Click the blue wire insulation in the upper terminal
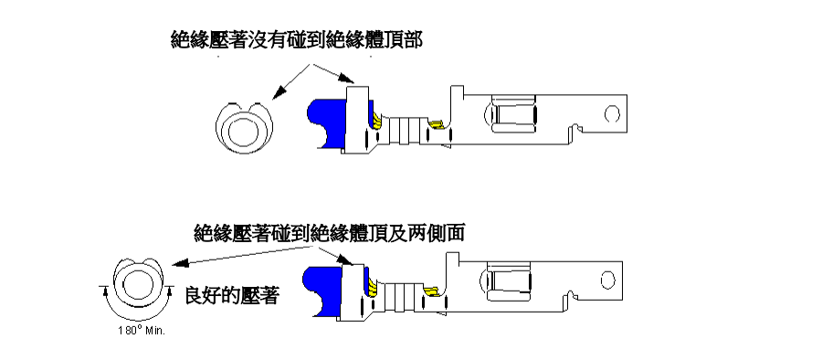point(325,122)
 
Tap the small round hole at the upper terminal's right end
point(613,113)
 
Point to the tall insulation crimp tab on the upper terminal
point(358,114)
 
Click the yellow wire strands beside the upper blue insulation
point(376,122)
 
